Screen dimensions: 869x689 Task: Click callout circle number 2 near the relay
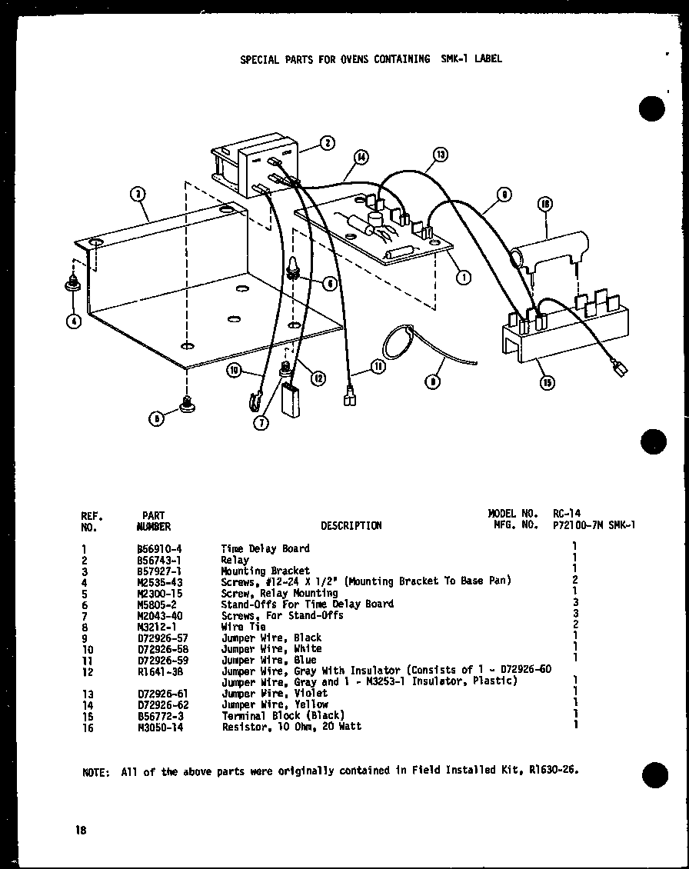click(x=327, y=142)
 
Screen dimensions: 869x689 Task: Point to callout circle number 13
click(x=440, y=155)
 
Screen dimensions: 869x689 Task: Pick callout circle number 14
click(x=360, y=159)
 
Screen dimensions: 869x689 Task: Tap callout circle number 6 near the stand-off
click(x=329, y=284)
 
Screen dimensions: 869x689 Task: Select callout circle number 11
click(x=378, y=367)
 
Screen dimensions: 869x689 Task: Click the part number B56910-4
click(x=157, y=548)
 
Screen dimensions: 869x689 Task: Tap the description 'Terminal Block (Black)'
click(x=282, y=715)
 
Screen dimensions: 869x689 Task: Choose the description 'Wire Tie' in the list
click(x=243, y=627)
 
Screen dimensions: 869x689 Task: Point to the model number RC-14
click(x=568, y=513)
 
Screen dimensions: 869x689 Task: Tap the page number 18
click(x=81, y=830)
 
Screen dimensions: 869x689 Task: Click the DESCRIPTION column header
click(x=351, y=526)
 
